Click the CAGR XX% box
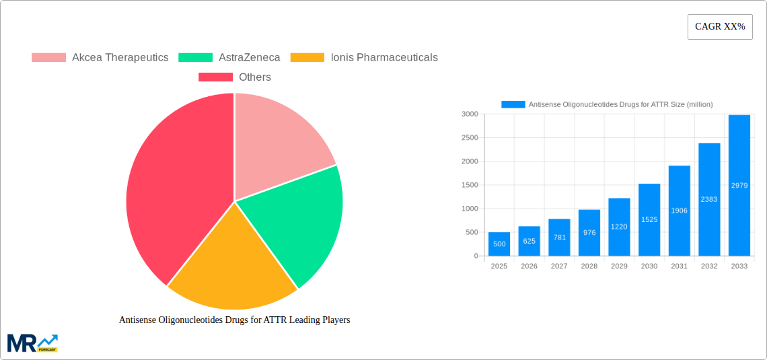720,27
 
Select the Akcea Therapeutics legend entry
100,57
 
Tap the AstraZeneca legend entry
229,57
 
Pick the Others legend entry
235,77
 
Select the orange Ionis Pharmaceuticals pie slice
232,269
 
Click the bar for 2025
499,244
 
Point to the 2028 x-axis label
589,266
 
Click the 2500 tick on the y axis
469,138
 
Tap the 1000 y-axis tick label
469,209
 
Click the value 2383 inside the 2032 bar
709,199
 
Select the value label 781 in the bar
559,238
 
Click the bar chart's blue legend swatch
513,104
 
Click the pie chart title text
234,320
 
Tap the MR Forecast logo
32,343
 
